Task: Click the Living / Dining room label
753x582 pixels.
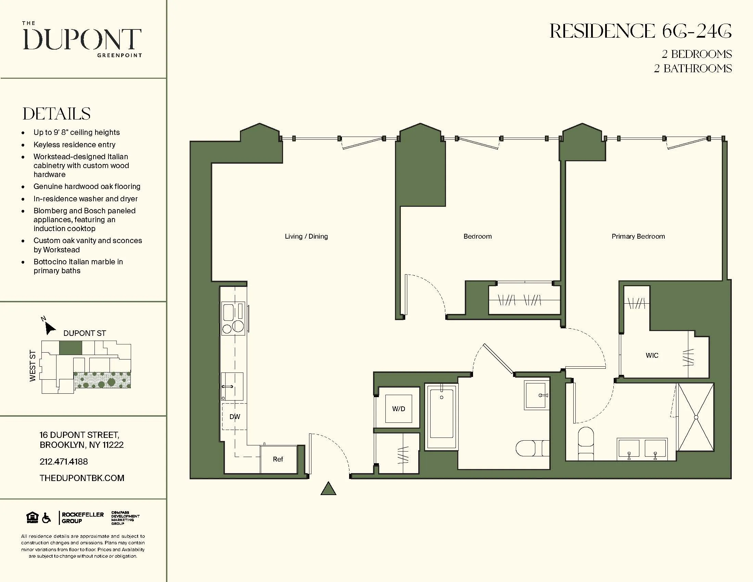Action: (306, 237)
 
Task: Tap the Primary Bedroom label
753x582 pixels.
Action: (638, 237)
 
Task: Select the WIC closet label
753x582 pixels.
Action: (652, 355)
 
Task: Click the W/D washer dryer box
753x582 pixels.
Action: (398, 409)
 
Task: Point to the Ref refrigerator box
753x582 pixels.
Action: (278, 459)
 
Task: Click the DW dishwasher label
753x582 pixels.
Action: (235, 417)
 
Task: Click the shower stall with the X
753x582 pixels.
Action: (696, 417)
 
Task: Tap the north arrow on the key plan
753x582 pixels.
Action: (50, 328)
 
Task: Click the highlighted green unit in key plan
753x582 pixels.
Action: (71, 348)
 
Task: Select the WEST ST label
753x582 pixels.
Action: (33, 366)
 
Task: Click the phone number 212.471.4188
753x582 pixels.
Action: (64, 461)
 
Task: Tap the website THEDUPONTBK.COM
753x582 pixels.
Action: (82, 478)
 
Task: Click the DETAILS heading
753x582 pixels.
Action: (56, 114)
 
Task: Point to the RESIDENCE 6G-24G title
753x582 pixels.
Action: (640, 31)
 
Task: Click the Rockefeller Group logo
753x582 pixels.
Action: (82, 518)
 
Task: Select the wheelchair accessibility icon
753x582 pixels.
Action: (46, 518)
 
